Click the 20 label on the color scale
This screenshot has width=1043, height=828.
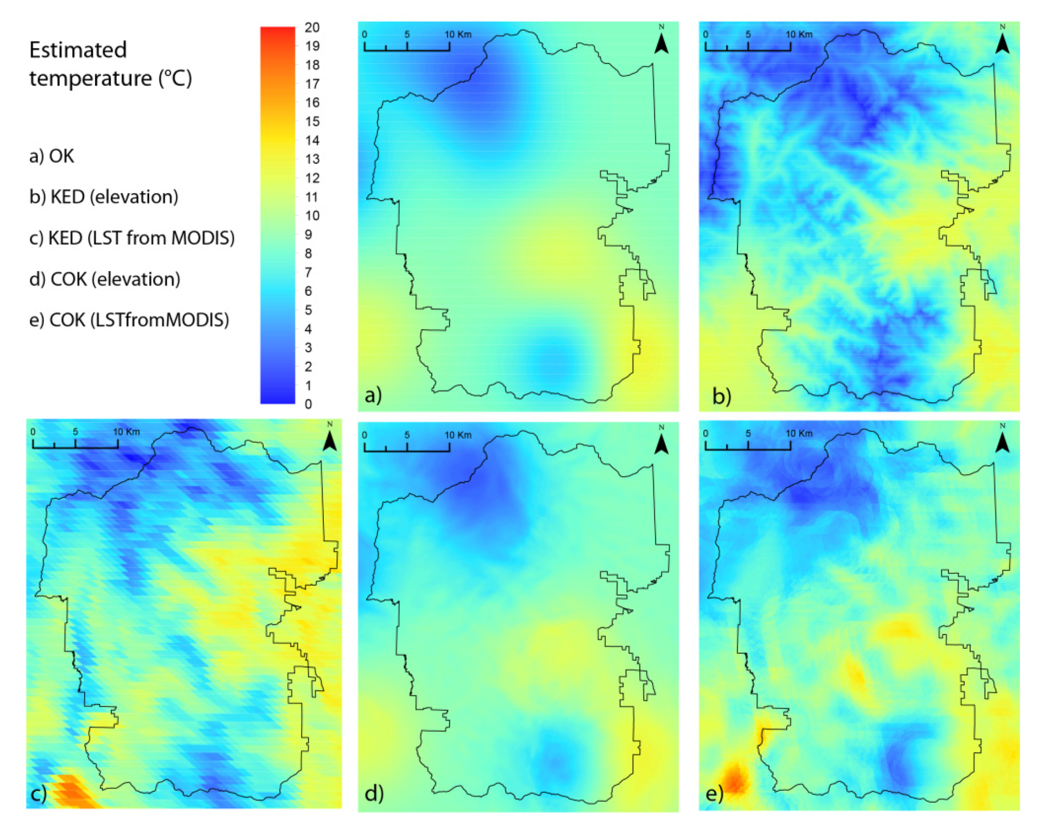(311, 27)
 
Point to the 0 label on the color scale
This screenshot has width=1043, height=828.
(308, 404)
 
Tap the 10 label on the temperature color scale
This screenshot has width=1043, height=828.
(312, 216)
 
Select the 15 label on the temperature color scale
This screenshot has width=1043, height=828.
(312, 122)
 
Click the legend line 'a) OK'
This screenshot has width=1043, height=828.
(52, 156)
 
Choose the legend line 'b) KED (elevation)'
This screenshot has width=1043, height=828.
(104, 197)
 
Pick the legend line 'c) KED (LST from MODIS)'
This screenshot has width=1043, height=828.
(132, 238)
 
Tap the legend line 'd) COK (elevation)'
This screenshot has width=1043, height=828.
(105, 279)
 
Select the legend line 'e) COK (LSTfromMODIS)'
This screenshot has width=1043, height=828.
(129, 320)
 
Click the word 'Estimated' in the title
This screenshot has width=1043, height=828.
(78, 50)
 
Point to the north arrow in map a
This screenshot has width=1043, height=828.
(661, 42)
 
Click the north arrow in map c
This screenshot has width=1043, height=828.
(329, 440)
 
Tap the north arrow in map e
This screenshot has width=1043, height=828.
(1002, 441)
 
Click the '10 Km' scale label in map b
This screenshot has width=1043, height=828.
(799, 35)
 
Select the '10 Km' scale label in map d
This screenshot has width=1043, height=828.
(458, 435)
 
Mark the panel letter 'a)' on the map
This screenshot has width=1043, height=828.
(373, 395)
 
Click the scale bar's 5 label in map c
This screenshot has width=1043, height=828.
(75, 432)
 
